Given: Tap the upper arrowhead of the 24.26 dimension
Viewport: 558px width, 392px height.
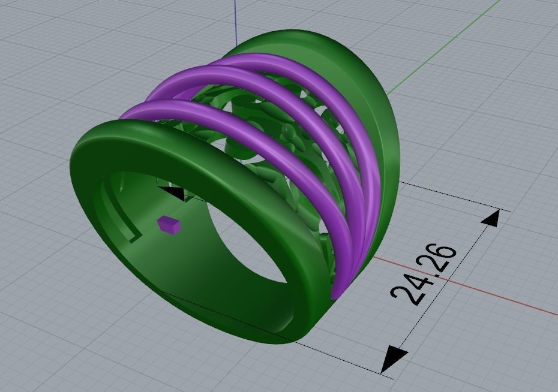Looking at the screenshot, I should [490, 218].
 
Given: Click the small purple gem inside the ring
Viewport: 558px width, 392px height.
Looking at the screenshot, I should [169, 224].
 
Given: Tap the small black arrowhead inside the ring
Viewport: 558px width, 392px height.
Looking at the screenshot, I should [175, 193].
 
